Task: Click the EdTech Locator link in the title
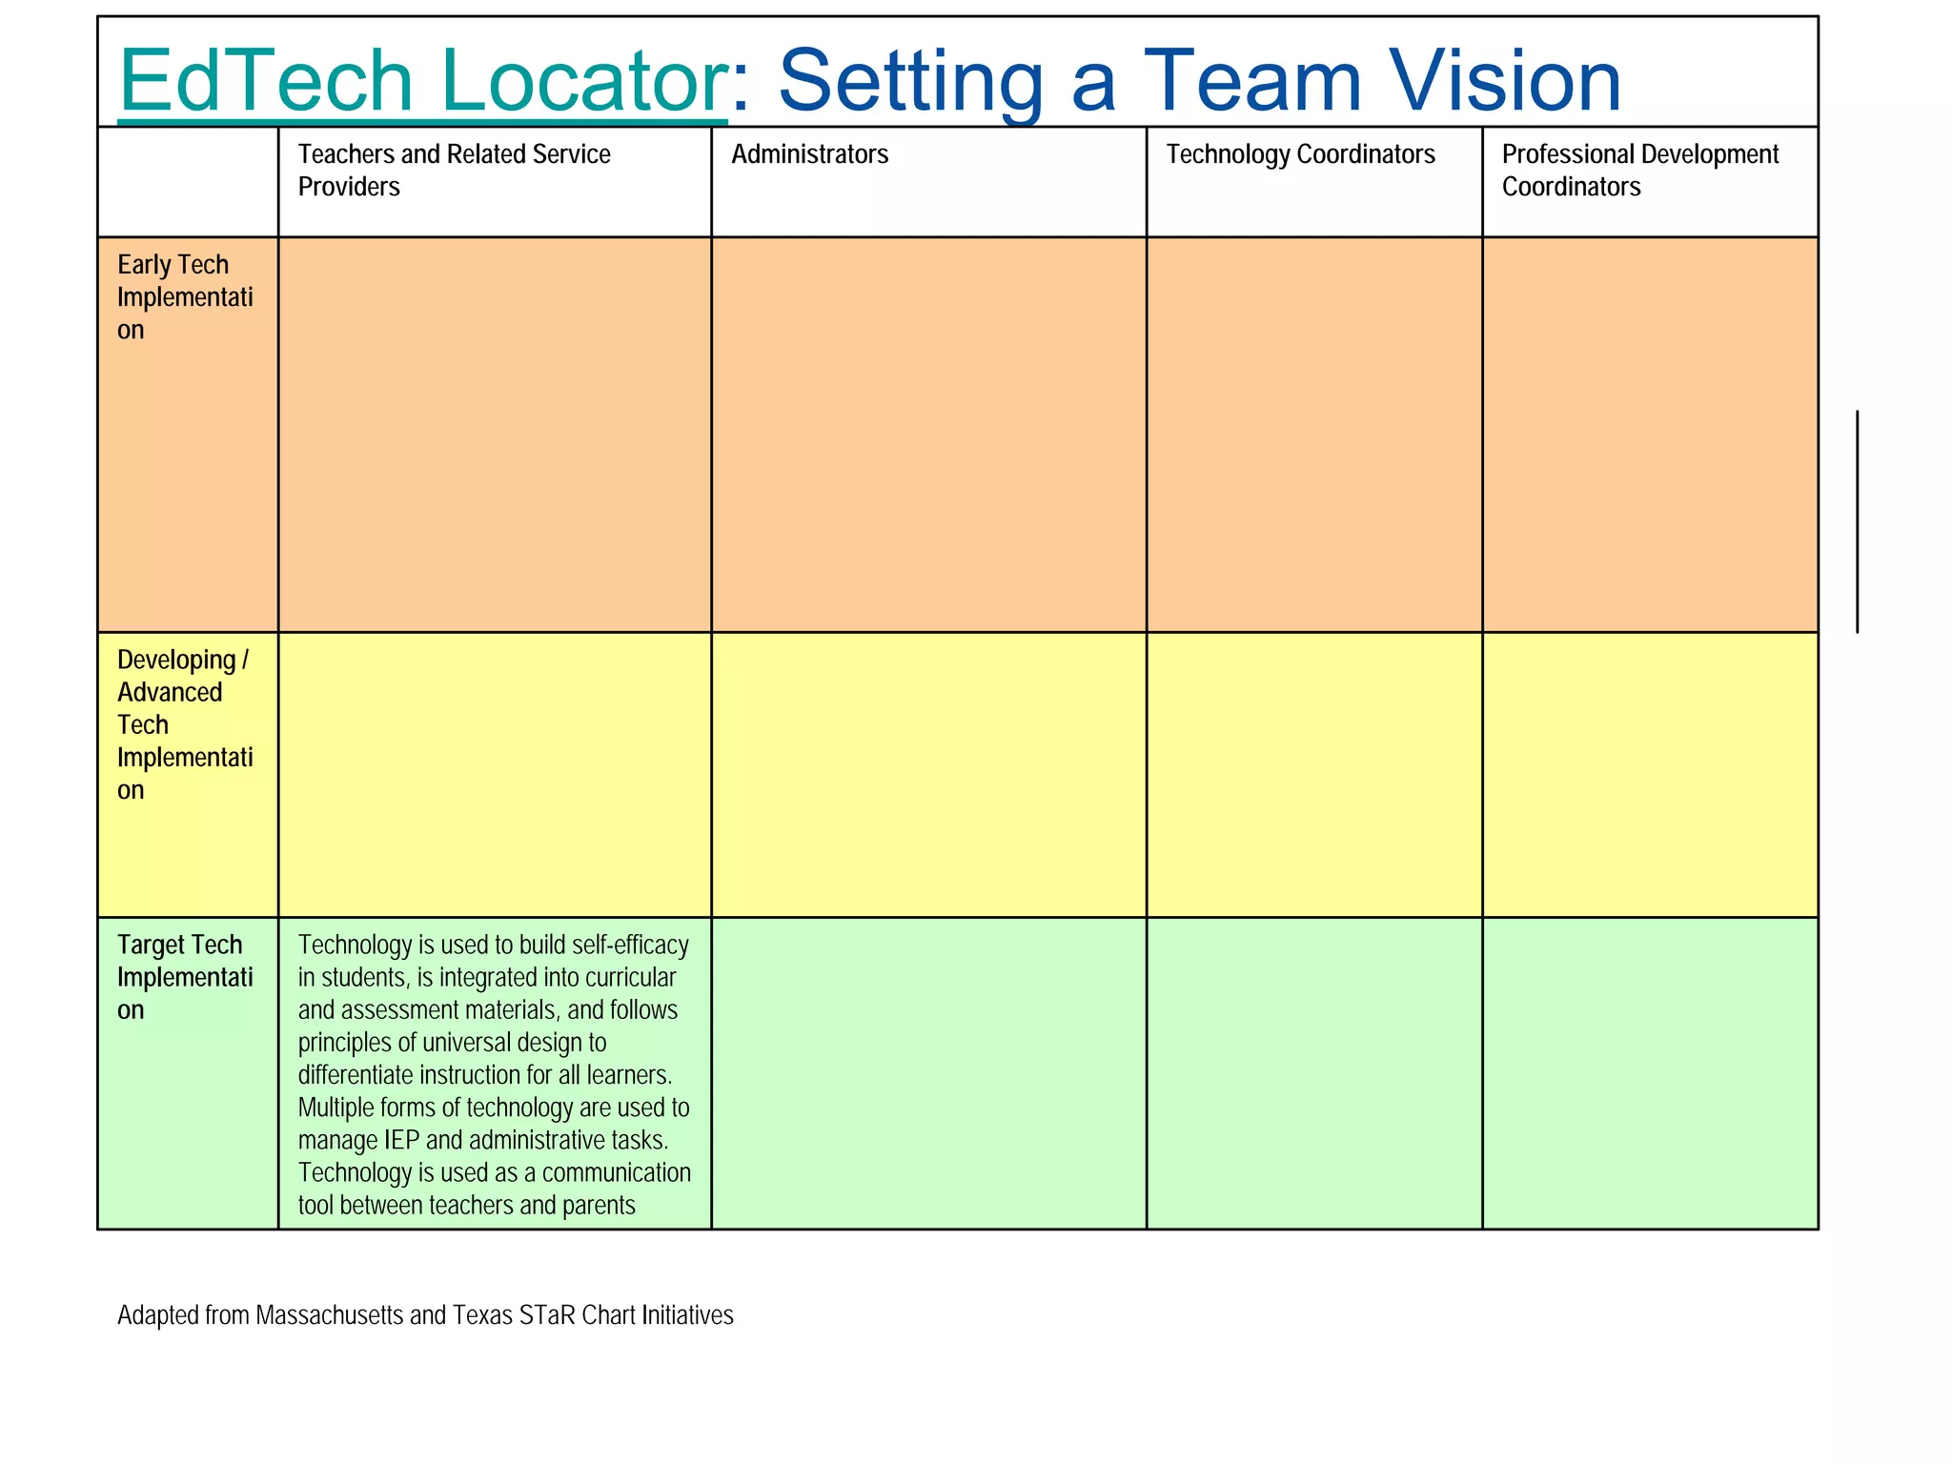coord(422,82)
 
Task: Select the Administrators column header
coord(809,154)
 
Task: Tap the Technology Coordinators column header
coord(1300,154)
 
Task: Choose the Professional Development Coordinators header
coord(1639,170)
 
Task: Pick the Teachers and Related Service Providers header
coord(454,170)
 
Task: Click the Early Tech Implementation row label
coord(184,296)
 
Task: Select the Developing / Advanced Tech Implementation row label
coord(184,724)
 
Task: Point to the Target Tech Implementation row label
coord(184,977)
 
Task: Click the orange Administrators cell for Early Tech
coord(928,435)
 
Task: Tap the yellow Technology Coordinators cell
coord(1313,774)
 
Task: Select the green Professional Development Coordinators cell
coord(1650,1072)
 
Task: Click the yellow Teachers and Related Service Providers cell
coord(495,774)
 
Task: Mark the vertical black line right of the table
coord(1857,520)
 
